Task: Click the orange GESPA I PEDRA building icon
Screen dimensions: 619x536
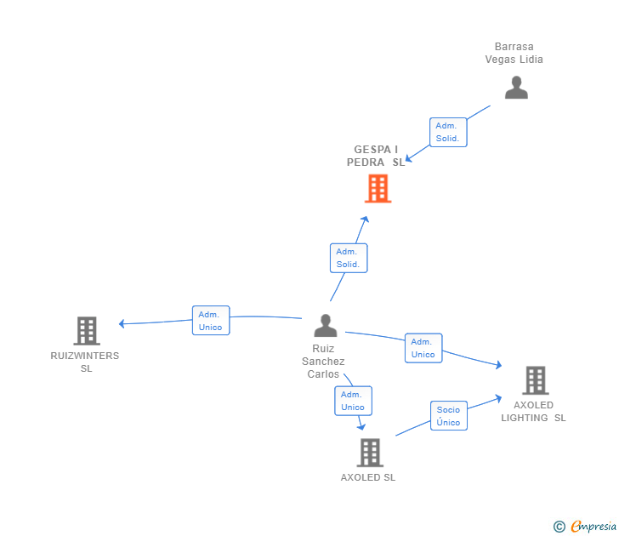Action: [378, 188]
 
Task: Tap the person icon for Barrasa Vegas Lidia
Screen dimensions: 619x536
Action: [516, 88]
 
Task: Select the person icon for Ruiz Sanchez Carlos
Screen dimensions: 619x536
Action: [325, 326]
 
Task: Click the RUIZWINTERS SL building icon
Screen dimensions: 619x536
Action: [86, 330]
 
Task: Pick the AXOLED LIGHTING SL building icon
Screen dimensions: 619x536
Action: [535, 379]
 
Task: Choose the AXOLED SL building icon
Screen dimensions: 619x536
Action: [370, 453]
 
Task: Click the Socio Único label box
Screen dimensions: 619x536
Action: [448, 416]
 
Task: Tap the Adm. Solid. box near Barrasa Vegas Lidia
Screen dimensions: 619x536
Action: [447, 132]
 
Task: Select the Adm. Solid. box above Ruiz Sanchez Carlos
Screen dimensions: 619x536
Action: [348, 258]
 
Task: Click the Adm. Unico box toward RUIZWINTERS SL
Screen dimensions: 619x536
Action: [210, 321]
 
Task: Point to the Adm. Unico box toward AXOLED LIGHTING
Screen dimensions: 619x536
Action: [423, 348]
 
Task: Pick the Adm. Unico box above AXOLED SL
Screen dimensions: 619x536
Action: [353, 401]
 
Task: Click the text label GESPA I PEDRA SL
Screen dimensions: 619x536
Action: [376, 156]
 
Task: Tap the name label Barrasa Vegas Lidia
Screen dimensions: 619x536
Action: [514, 53]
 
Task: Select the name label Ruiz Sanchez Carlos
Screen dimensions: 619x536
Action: [323, 361]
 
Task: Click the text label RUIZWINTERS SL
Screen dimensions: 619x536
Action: [85, 362]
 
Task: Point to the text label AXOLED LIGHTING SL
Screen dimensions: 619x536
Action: [533, 411]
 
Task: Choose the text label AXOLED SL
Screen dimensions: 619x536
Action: [368, 477]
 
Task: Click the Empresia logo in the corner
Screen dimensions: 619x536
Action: [585, 526]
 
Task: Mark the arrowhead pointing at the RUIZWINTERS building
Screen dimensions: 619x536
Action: [122, 323]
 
